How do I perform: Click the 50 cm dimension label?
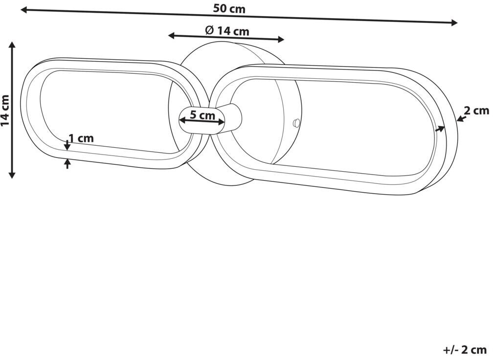(229, 8)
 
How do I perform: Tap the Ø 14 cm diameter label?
(227, 31)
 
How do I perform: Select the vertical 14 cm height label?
(5, 110)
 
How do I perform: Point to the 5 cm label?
(202, 115)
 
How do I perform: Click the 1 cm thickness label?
(81, 138)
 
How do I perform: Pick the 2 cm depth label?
(477, 111)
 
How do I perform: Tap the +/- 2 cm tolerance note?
(465, 349)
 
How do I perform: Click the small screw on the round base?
(296, 123)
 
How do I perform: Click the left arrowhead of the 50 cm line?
(24, 10)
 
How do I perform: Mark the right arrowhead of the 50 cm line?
(454, 22)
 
